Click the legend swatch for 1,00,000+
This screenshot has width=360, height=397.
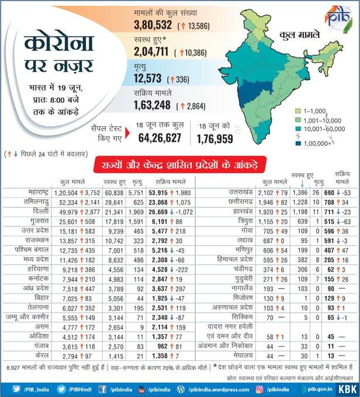click(x=298, y=142)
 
